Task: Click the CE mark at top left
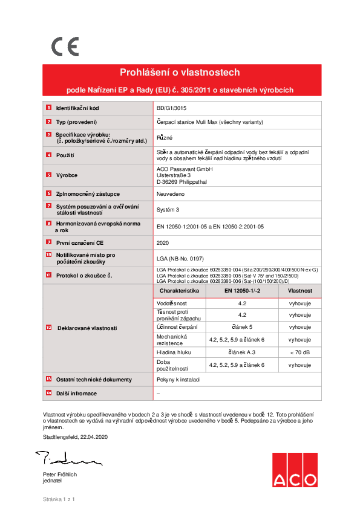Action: pyautogui.click(x=64, y=47)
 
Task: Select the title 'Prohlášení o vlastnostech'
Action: pyautogui.click(x=180, y=73)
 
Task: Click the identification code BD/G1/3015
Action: pyautogui.click(x=172, y=108)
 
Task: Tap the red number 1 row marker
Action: pyautogui.click(x=48, y=108)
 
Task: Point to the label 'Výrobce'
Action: pyautogui.click(x=67, y=175)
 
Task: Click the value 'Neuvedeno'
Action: pyautogui.click(x=170, y=194)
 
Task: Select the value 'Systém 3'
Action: pyautogui.click(x=168, y=210)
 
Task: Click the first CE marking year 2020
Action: pyautogui.click(x=163, y=242)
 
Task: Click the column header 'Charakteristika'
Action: pyautogui.click(x=179, y=291)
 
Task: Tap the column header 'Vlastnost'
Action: pyautogui.click(x=299, y=291)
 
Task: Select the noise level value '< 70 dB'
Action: pyautogui.click(x=299, y=352)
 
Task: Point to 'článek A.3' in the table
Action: pyautogui.click(x=242, y=352)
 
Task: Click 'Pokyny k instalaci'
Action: pyautogui.click(x=180, y=380)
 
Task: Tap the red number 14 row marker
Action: pyautogui.click(x=48, y=393)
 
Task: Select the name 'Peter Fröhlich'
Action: pyautogui.click(x=60, y=475)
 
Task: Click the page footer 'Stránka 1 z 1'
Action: pyautogui.click(x=58, y=499)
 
